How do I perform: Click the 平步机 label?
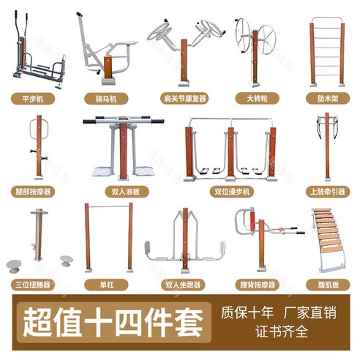point(33,99)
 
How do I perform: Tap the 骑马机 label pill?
point(106,99)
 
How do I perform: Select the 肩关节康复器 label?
point(184,99)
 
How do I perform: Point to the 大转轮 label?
point(257,99)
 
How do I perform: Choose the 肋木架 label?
point(328,99)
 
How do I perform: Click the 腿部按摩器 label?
point(33,192)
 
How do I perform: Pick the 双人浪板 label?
point(127,192)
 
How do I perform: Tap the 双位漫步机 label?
point(232,192)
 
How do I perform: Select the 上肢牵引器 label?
point(328,192)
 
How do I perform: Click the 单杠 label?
point(106,285)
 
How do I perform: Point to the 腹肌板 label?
point(328,285)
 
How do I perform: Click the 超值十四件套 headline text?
point(113,323)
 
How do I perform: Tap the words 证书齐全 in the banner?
point(282,331)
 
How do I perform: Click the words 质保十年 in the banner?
point(247,312)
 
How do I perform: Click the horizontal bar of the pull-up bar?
point(108,207)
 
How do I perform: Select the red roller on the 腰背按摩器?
point(252,221)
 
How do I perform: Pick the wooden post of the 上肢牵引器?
point(327,146)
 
